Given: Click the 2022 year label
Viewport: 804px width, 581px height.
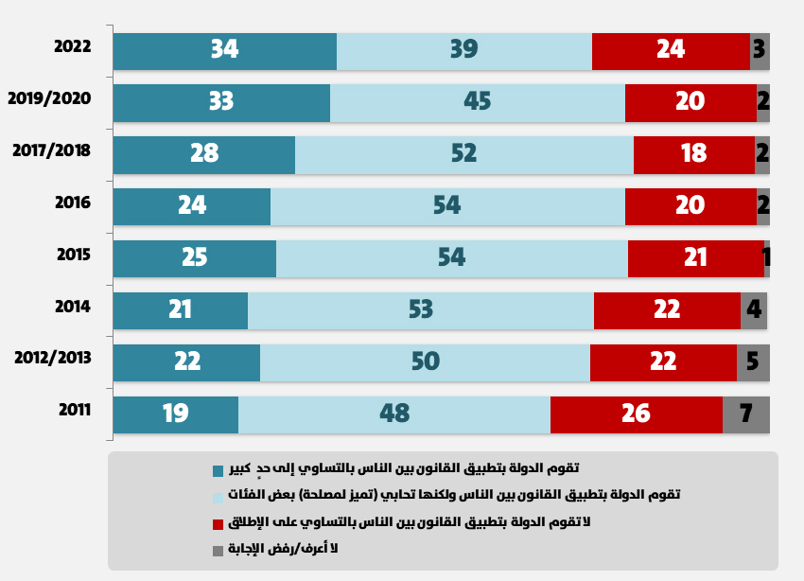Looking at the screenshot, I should [73, 46].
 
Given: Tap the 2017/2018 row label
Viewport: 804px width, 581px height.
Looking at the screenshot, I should [52, 150].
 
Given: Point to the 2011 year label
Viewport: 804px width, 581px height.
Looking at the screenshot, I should [74, 410].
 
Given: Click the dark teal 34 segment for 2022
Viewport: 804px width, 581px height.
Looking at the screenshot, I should [224, 50].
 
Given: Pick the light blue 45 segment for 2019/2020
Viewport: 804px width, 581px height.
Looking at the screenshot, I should [478, 102].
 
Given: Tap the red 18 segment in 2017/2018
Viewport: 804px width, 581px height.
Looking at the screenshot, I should [693, 154].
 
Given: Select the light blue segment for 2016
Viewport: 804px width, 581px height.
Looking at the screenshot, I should [447, 206].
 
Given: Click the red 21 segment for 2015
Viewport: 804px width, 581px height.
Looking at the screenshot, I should [695, 258].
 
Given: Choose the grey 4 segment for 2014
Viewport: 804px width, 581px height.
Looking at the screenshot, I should [753, 309].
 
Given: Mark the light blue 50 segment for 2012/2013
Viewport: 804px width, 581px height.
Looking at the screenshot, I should [425, 361].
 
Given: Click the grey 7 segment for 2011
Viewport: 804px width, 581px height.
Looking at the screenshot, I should [745, 414].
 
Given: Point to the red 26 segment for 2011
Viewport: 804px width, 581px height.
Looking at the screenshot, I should [636, 414].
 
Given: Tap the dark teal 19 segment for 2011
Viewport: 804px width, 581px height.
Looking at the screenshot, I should [175, 414].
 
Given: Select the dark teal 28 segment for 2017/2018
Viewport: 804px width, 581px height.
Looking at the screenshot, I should [203, 154].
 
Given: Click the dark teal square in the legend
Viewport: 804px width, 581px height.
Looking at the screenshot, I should [218, 470].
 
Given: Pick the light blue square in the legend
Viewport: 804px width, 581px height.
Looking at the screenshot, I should [218, 497].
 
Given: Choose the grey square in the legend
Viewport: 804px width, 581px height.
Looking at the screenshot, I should [218, 550].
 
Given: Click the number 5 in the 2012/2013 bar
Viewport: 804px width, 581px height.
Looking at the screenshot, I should [752, 361].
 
